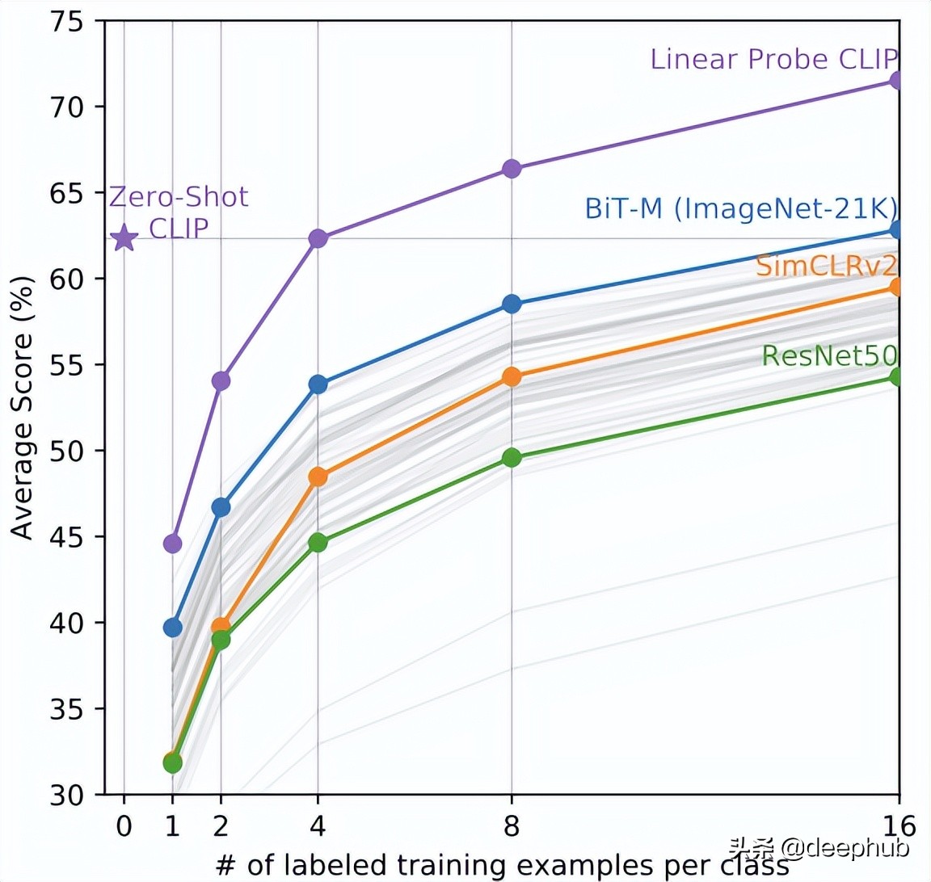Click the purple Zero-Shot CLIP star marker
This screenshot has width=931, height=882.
click(124, 239)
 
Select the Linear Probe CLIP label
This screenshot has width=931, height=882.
click(773, 59)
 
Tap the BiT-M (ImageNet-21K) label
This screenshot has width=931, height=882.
click(740, 208)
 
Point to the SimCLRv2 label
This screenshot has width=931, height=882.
click(826, 266)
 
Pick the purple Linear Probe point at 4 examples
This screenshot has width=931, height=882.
click(318, 238)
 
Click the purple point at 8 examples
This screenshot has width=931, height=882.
click(512, 169)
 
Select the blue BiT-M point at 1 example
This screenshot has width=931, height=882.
click(172, 628)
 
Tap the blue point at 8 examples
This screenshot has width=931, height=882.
click(512, 304)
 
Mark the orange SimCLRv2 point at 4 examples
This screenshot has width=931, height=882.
click(318, 477)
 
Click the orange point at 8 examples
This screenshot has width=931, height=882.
click(512, 377)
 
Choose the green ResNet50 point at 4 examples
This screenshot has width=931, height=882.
click(318, 543)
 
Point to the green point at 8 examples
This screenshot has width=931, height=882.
click(512, 458)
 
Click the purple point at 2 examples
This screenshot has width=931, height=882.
click(221, 380)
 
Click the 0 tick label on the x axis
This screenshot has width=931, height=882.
click(124, 826)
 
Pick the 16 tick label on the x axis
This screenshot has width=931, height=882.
click(899, 826)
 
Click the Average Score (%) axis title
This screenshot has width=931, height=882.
click(23, 407)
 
